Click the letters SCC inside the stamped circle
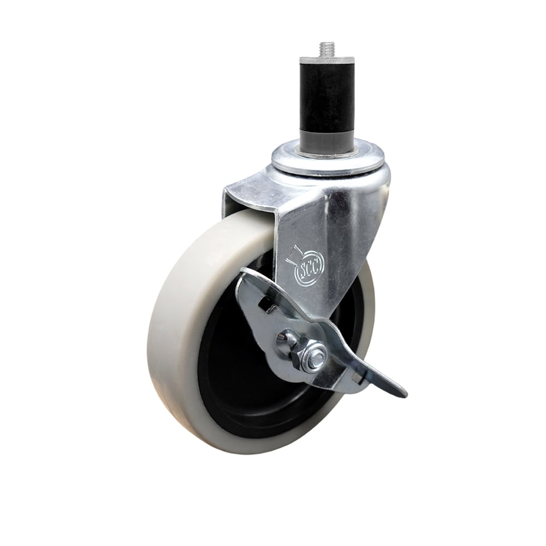tap(310, 269)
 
